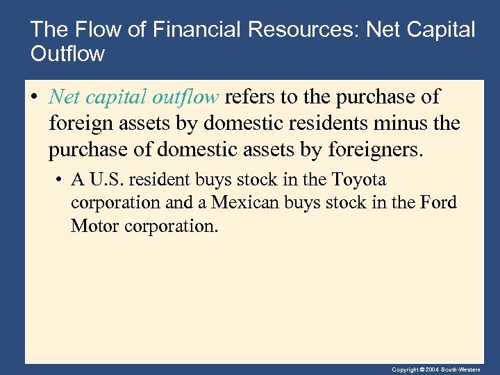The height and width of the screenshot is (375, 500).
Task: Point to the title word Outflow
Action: click(x=67, y=53)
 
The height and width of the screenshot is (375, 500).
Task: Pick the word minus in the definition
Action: click(x=406, y=124)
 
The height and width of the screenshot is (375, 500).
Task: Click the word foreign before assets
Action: click(x=78, y=124)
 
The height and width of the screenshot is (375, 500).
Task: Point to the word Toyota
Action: click(x=358, y=180)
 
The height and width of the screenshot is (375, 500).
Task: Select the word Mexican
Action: click(x=242, y=203)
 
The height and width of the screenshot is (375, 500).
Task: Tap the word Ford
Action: click(x=437, y=203)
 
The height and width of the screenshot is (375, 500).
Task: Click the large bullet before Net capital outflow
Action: click(x=35, y=97)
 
